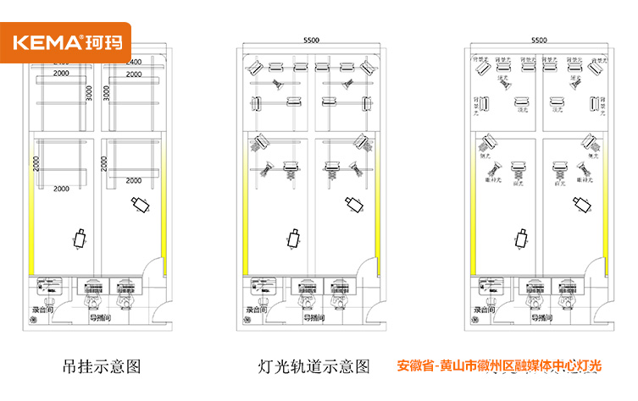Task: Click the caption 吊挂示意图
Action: point(101,367)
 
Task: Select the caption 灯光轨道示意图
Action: point(314,367)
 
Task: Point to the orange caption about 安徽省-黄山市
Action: point(499,366)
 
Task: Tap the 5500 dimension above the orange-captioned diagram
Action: point(538,40)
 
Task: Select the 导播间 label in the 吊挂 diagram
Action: point(101,318)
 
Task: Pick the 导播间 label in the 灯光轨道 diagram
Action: point(313,318)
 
